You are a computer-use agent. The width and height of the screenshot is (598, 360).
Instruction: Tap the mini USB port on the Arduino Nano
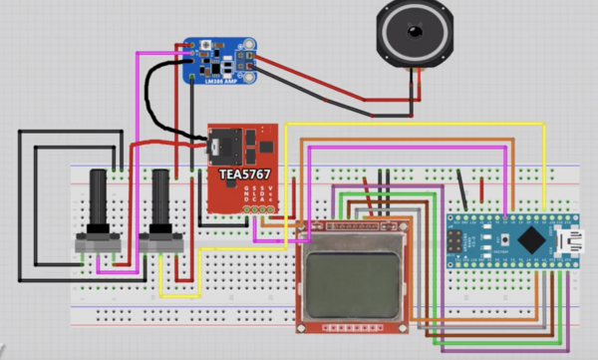point(574,240)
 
